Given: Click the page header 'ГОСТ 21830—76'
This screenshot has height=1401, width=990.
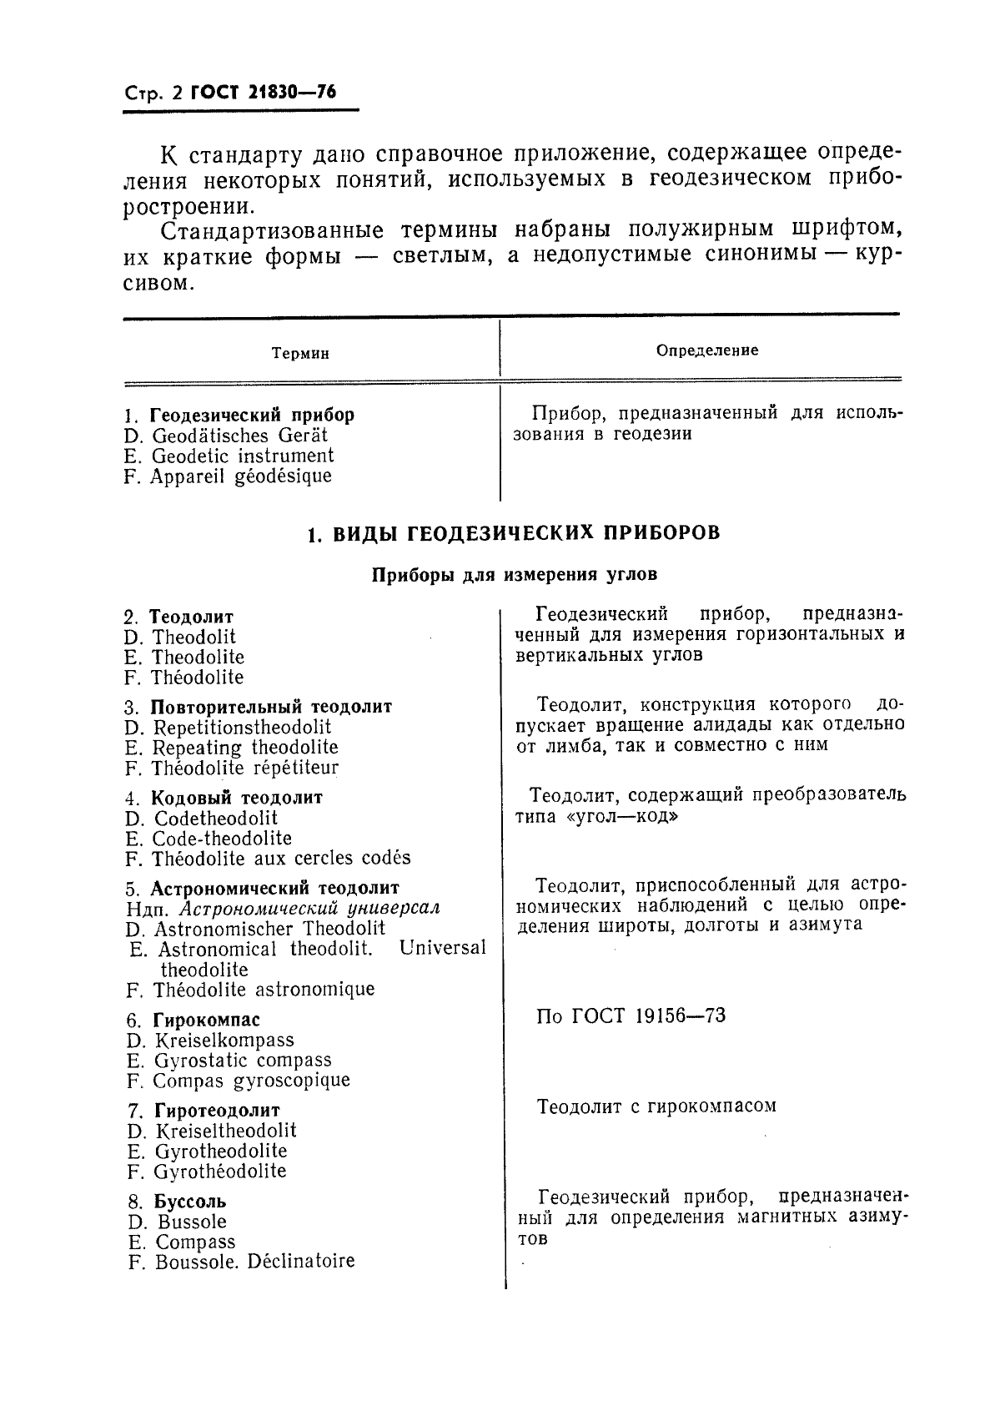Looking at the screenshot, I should pos(264,93).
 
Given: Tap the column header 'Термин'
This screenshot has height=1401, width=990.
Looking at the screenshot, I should pos(300,354).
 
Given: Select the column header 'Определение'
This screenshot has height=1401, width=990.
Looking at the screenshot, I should pos(707,350).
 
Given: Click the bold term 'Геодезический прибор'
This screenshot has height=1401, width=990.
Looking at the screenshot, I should pos(252,415).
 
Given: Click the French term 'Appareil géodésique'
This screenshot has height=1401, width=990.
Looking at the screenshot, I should pos(241,476).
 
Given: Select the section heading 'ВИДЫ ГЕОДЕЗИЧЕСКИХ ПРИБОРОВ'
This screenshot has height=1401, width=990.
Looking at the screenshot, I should pos(526,533).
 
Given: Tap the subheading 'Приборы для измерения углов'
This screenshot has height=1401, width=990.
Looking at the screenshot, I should pos(515,575).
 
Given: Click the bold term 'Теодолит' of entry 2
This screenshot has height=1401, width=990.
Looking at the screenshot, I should pos(191,617).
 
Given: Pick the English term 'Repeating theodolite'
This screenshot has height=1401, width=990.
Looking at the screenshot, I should pos(245,748).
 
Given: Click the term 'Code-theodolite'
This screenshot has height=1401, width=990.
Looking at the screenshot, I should pos(222,839).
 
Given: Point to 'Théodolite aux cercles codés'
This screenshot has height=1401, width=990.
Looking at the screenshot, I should pos(281,859).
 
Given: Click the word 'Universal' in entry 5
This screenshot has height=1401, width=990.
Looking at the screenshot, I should pos(442,949).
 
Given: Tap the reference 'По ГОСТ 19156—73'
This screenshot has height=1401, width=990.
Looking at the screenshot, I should pos(631,1016).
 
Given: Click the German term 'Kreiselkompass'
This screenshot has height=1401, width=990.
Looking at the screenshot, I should pos(224,1041).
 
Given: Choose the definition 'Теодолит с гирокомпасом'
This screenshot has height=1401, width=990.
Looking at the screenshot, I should pos(657,1107).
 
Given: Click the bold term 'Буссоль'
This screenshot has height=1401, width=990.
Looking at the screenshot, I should pos(190,1202).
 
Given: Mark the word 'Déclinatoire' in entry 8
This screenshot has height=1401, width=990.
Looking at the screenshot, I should pos(301,1262).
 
